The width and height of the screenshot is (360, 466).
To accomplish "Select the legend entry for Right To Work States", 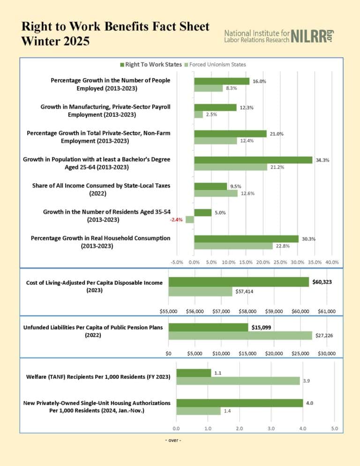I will point(150,64).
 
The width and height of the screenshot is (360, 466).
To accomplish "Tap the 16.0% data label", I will point(259,81).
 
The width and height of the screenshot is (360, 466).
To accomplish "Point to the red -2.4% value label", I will point(176,219).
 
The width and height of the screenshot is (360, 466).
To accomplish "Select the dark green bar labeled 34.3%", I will point(253,160).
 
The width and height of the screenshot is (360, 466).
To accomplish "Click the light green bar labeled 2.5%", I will point(198,114).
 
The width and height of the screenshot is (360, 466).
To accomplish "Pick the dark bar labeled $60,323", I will point(239,282).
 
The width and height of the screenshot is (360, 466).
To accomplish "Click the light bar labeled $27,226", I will point(240,335).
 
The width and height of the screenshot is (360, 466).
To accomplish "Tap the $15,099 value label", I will point(261,327).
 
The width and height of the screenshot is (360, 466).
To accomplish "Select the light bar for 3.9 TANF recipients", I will point(238,381).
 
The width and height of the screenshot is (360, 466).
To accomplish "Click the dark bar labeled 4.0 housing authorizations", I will point(239,403).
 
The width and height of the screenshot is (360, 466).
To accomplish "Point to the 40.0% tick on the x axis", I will point(332,262).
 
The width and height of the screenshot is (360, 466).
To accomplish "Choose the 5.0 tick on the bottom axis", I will point(334,428).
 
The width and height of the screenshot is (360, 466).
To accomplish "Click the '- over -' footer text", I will point(173,440).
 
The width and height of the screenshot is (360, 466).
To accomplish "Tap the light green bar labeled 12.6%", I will point(216,193).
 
